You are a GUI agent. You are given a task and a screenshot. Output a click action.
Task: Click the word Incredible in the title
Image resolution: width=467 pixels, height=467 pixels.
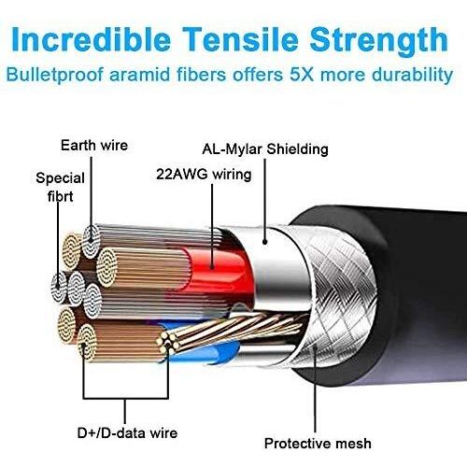[x=92, y=39]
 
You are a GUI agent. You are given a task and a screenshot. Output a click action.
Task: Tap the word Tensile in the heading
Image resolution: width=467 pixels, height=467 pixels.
[x=240, y=39]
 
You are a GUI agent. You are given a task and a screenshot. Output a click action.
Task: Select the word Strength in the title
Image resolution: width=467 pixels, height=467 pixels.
[x=379, y=40]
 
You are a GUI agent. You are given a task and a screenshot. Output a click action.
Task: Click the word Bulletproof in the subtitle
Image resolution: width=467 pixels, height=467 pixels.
[x=55, y=76]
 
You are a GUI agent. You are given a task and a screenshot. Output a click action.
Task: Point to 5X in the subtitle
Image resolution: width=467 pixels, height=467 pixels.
[x=302, y=75]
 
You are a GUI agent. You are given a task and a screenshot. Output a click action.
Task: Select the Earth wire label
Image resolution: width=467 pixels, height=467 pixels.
[x=94, y=146]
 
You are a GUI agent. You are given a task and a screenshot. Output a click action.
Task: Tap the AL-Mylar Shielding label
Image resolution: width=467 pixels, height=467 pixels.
[x=265, y=149]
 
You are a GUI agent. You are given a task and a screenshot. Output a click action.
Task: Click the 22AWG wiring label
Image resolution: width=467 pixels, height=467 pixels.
[x=204, y=175]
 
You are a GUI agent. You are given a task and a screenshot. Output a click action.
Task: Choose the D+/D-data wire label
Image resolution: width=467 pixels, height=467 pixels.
[x=127, y=433]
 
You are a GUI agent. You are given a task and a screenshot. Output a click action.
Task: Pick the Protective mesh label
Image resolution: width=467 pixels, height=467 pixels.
[x=318, y=444]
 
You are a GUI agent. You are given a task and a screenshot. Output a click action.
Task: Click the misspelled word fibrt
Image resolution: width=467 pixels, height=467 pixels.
[x=61, y=196]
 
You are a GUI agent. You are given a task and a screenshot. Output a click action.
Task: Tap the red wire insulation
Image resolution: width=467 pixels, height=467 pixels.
[x=218, y=271]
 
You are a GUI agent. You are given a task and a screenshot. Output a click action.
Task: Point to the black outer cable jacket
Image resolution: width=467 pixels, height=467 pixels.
[x=414, y=296]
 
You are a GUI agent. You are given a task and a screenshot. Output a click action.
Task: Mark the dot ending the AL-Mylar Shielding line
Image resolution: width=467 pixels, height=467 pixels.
[x=265, y=242]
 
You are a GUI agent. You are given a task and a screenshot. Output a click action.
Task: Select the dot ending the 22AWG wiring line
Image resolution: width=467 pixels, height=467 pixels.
[x=212, y=266]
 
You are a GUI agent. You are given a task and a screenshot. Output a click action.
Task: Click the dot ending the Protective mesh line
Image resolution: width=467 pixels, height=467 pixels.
[x=315, y=347]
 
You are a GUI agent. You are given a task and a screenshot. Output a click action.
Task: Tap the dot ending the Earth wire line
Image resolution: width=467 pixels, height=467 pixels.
[x=92, y=240]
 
